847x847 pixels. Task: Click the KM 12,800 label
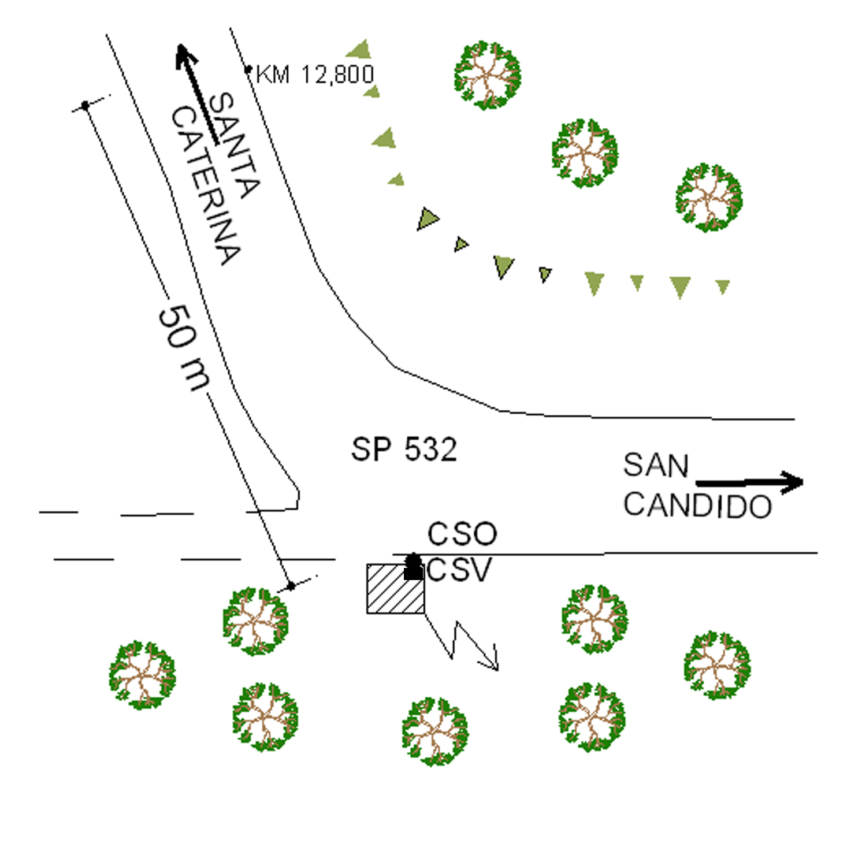coord(315,75)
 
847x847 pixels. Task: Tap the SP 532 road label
coord(404,449)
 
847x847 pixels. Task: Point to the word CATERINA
coord(205,185)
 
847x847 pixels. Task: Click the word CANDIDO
coord(697,506)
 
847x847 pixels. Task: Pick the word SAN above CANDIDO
coord(656,466)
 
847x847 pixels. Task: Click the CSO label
coord(462,534)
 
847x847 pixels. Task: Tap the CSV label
coord(459,570)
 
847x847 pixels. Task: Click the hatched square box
coord(396,588)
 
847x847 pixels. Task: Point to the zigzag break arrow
coord(463,641)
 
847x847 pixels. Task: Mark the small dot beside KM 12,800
coord(248,70)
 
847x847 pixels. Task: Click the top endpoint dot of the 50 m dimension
coord(86,105)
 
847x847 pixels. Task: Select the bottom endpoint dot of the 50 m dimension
coord(291,586)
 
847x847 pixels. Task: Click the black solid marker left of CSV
coord(413,568)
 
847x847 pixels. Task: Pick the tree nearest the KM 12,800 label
coord(488,75)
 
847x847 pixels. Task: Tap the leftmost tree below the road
coord(142,675)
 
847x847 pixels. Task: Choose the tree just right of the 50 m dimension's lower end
coord(255,621)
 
